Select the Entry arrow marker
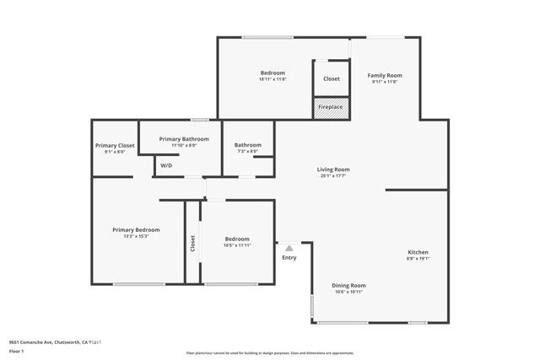point(289,249)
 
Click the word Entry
point(289,258)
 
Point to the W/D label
point(166,165)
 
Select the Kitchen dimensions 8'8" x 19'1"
point(418,260)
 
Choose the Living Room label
point(333,169)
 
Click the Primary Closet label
point(114,145)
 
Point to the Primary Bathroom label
point(183,138)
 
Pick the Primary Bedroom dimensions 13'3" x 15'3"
point(136,236)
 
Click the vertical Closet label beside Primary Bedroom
point(192,244)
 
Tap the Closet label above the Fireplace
point(332,78)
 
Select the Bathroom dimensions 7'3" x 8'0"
point(248,152)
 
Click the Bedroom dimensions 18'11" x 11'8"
point(273,79)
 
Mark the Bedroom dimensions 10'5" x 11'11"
point(237,245)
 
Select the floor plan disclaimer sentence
point(270,352)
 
